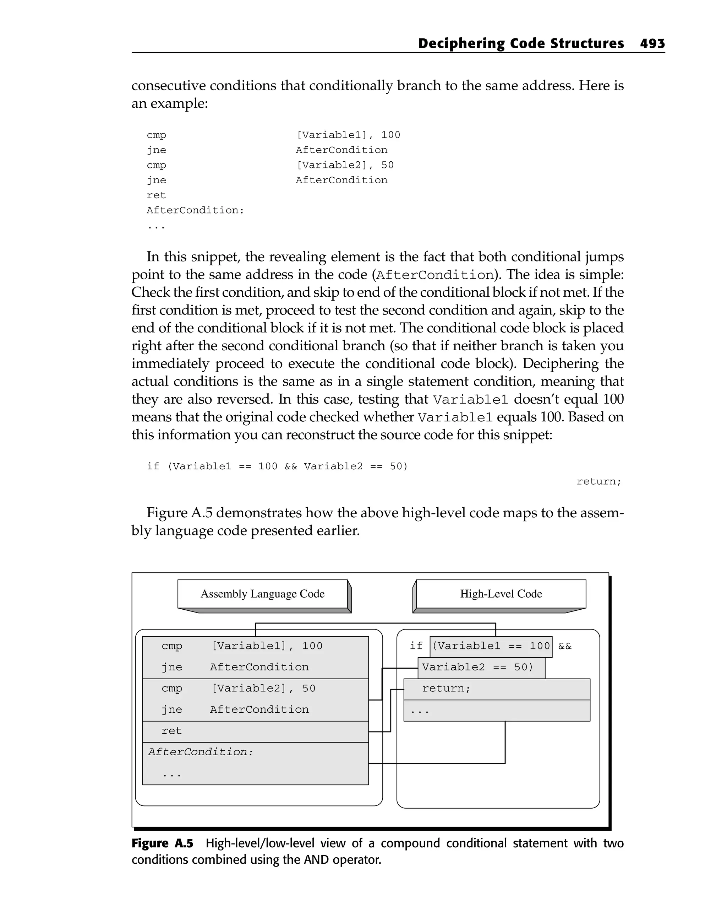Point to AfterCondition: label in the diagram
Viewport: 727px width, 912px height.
pos(200,752)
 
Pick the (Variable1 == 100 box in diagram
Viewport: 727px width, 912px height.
pos(491,646)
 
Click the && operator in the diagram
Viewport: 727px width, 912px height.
pos(565,646)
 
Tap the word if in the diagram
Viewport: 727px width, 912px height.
pos(416,646)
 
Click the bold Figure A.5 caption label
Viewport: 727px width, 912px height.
pos(162,843)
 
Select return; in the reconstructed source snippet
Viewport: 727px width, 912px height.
pos(598,481)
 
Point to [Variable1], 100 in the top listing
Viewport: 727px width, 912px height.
pos(348,135)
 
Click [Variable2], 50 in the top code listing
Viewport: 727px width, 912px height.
pos(344,165)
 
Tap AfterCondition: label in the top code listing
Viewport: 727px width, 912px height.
pos(195,210)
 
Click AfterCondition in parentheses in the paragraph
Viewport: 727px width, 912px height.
pos(435,275)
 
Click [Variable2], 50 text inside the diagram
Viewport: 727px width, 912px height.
pos(263,689)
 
